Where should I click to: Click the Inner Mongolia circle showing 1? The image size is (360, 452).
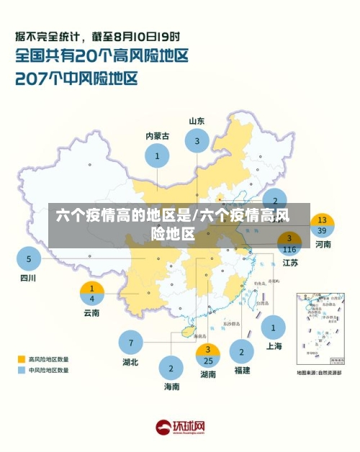tap(157, 155)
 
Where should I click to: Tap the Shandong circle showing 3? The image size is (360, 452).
tap(197, 141)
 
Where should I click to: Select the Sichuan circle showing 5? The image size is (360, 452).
tap(29, 258)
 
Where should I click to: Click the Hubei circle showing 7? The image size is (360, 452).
tap(130, 342)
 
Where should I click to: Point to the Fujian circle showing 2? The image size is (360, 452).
tap(241, 352)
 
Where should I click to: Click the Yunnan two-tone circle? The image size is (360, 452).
tap(91, 293)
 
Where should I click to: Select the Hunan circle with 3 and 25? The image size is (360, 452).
tap(208, 355)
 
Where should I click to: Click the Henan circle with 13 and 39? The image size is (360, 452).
tap(323, 225)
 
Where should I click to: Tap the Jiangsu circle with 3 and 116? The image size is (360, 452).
tap(289, 243)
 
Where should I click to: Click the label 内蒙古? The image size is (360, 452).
tap(157, 135)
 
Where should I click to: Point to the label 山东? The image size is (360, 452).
tap(197, 121)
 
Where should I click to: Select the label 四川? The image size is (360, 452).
tap(28, 278)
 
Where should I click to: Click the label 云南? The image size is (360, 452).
tap(91, 312)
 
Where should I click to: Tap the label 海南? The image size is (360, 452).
tap(171, 387)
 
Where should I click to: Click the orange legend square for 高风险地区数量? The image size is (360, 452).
tap(22, 358)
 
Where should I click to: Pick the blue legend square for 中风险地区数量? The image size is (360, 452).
tap(22, 370)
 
